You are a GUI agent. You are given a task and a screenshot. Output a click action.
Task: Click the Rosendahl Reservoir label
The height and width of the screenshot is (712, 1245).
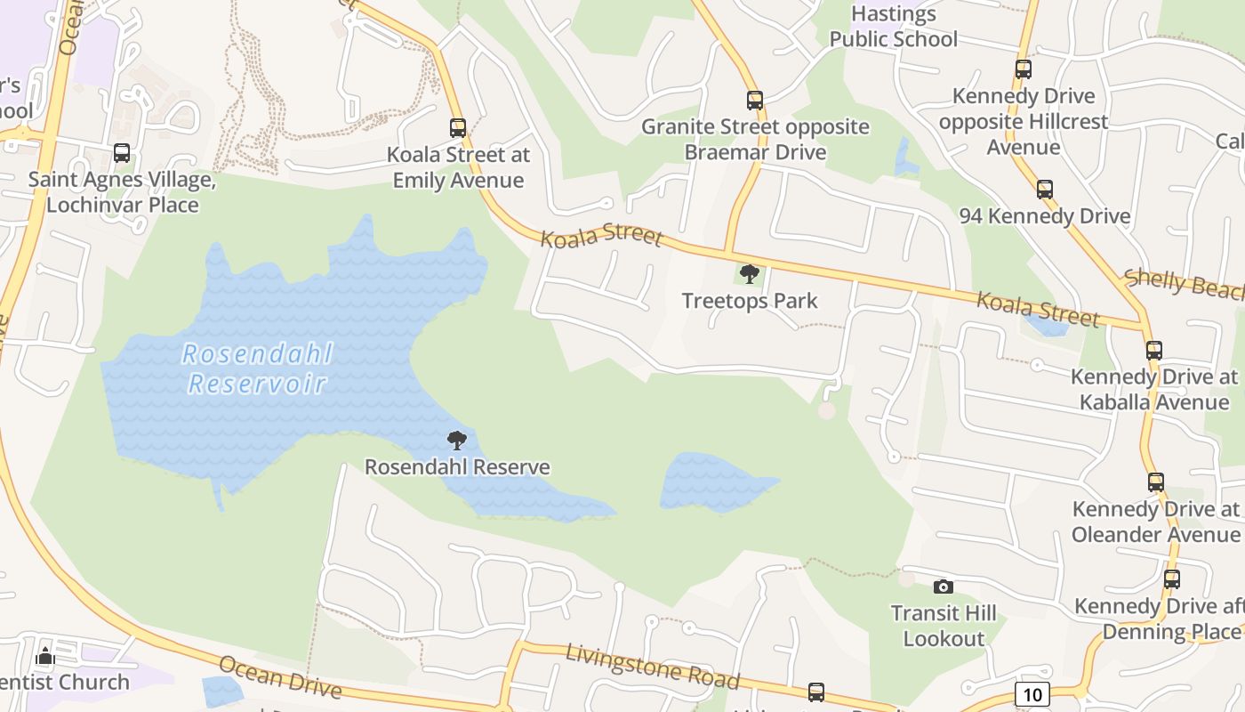(x=257, y=368)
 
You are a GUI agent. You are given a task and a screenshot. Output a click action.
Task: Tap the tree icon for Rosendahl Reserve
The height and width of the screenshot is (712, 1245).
(x=457, y=440)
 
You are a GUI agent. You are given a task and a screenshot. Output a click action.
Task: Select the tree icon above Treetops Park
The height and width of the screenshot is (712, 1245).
(x=750, y=273)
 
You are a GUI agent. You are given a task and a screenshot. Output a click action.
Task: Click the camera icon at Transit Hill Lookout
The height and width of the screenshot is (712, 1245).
(x=944, y=587)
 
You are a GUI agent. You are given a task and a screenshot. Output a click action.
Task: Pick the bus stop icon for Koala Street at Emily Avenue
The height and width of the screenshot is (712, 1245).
(x=458, y=128)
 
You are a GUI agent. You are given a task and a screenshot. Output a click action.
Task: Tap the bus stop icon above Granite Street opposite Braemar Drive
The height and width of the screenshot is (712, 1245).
(x=755, y=100)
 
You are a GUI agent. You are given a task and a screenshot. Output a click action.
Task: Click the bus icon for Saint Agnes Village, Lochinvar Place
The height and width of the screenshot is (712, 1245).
(x=122, y=153)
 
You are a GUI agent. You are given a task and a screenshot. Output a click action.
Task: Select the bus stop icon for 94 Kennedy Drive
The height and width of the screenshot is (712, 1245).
(x=1045, y=189)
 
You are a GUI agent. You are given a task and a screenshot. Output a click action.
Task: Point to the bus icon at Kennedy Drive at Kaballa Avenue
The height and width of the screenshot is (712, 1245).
(x=1154, y=351)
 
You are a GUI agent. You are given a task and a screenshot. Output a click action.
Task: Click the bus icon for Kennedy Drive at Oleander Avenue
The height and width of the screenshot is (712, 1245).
(x=1156, y=482)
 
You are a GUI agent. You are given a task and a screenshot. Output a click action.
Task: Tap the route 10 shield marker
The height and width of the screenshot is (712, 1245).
(x=1032, y=694)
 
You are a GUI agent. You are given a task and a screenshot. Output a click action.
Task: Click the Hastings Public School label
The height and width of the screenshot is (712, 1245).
(x=893, y=27)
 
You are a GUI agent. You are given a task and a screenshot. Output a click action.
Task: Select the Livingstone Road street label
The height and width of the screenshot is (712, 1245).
(x=653, y=667)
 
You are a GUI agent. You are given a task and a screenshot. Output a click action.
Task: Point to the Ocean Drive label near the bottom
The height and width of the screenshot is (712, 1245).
(x=280, y=677)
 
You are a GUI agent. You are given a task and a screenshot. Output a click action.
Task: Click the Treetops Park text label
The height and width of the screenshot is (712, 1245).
(x=750, y=301)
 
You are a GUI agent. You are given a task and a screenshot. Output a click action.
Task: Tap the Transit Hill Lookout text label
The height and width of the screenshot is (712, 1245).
(x=944, y=626)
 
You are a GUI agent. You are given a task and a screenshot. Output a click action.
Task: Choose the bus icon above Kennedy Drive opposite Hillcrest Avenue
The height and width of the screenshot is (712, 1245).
(x=1024, y=69)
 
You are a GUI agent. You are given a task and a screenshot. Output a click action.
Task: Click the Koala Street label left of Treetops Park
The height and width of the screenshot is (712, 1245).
(x=601, y=236)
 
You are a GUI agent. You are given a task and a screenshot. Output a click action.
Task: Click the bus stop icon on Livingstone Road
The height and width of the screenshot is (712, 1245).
(x=815, y=692)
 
